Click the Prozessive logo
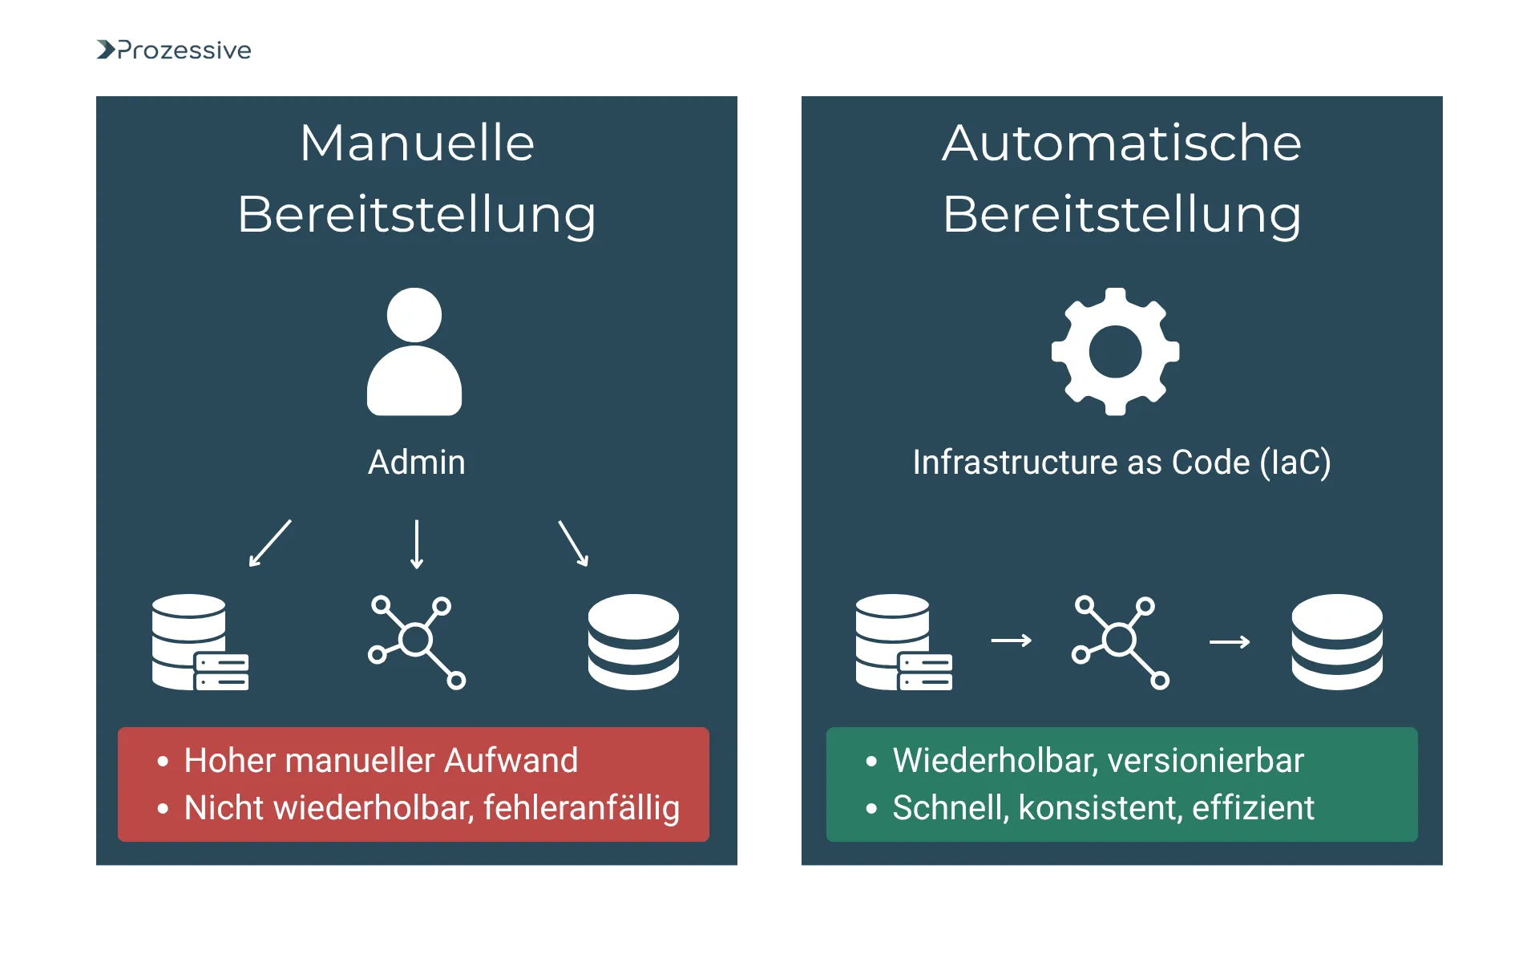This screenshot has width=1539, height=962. [174, 51]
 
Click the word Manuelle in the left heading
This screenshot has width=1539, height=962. [417, 143]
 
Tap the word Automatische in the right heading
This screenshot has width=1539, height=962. [1121, 143]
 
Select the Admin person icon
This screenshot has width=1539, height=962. [414, 352]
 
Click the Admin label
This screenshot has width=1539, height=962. [416, 463]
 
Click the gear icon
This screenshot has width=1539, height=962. [1115, 352]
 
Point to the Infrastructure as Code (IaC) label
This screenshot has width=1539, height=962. [1121, 463]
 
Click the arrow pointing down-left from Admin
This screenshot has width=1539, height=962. [270, 544]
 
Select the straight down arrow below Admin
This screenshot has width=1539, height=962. [417, 544]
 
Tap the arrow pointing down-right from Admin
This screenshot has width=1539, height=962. [573, 544]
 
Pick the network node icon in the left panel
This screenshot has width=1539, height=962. [417, 642]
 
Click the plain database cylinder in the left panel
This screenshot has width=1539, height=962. [633, 642]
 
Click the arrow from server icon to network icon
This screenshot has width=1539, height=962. [1012, 641]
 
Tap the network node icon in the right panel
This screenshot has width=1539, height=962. [1121, 642]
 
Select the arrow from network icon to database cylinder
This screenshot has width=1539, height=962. [1230, 642]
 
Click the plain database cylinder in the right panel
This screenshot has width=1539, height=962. [1337, 642]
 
